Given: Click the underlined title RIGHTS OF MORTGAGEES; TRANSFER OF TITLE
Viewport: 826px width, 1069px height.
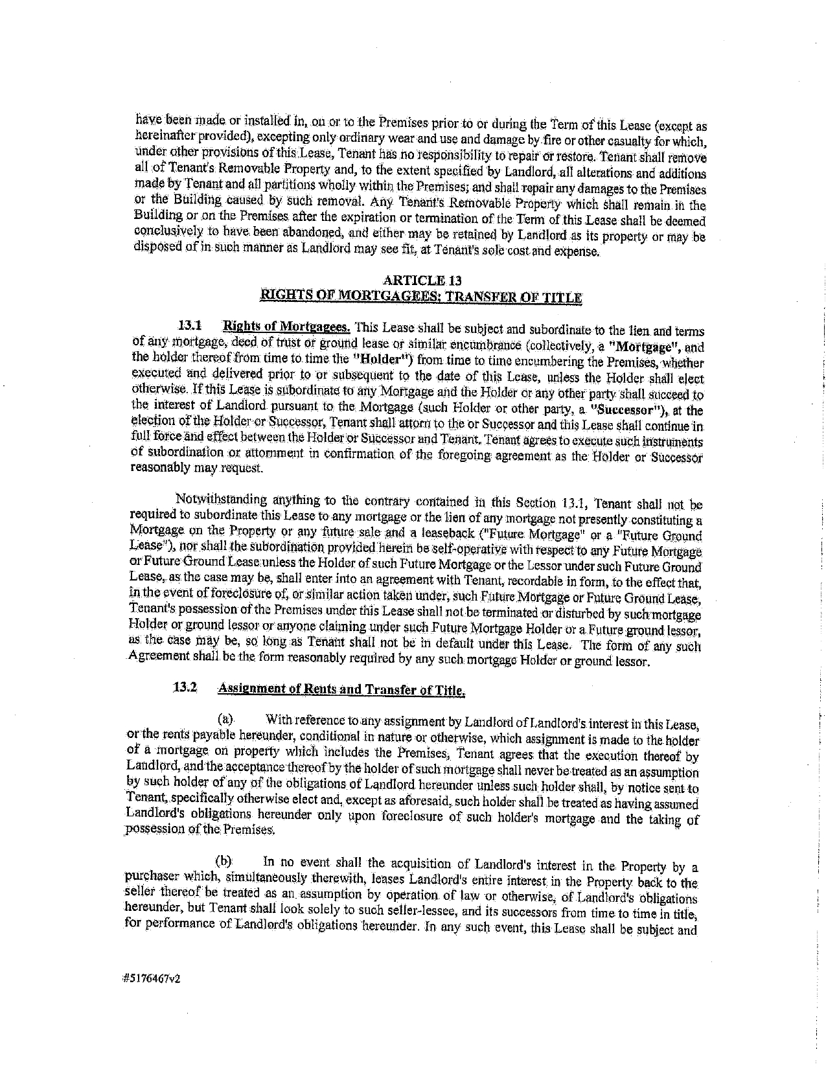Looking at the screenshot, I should (x=420, y=297).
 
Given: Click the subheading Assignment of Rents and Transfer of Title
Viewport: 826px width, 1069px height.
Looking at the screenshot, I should (x=341, y=689).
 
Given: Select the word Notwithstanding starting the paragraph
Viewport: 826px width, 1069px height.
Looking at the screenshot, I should (x=212, y=500).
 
